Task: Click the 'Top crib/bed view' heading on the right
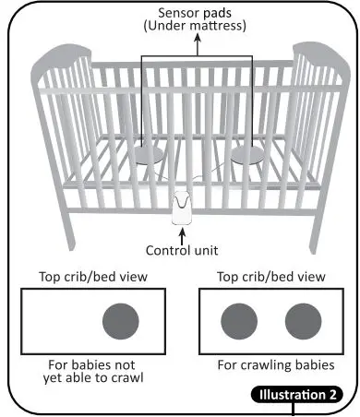[270, 276]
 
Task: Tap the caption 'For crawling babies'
[276, 364]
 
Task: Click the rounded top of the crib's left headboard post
[52, 53]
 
